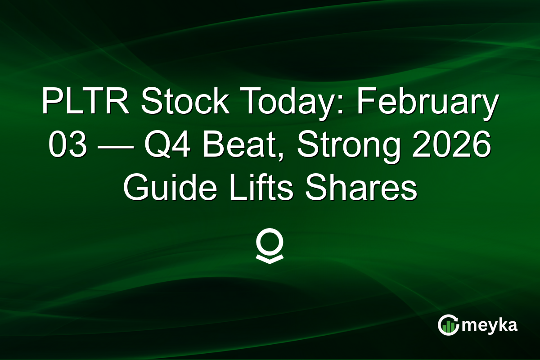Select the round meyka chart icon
(448, 325)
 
